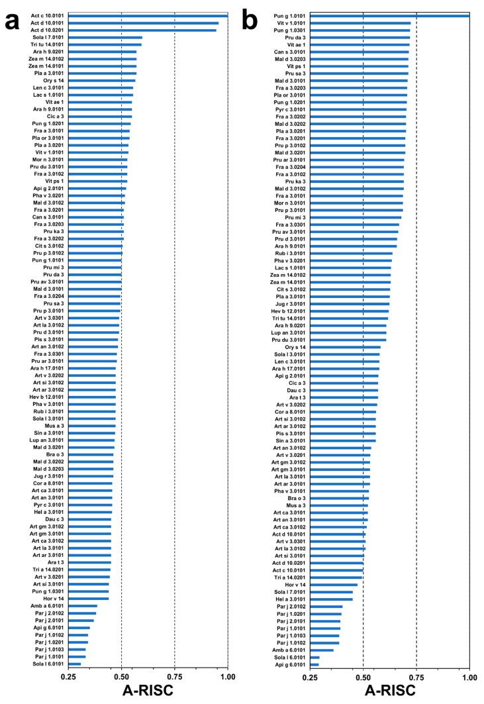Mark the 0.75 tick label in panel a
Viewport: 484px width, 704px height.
click(x=174, y=676)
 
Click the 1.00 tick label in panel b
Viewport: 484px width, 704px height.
click(x=469, y=676)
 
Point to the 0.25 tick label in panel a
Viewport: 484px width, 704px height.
click(x=68, y=676)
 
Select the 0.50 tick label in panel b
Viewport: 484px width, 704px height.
click(x=363, y=676)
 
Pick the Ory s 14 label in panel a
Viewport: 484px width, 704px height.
click(x=54, y=81)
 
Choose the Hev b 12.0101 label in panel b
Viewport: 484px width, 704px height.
click(x=289, y=311)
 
